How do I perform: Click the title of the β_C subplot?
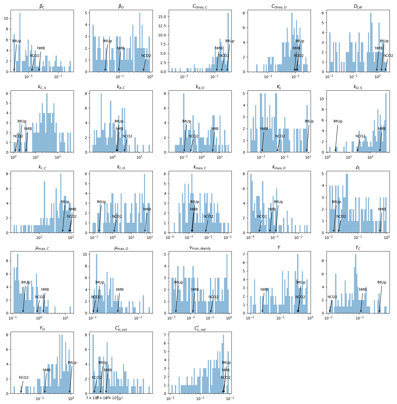(x=42, y=6)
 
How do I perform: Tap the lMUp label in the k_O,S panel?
(x=338, y=121)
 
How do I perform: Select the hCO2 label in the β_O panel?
(x=146, y=56)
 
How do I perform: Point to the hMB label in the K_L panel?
(x=264, y=129)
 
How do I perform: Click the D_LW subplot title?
(x=358, y=6)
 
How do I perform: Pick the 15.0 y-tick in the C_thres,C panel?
(x=162, y=17)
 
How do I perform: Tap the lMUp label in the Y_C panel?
(x=382, y=283)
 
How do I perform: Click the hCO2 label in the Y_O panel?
(x=24, y=378)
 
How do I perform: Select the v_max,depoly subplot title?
(x=200, y=248)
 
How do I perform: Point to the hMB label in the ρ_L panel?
(x=382, y=209)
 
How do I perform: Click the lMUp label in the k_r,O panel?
(x=101, y=202)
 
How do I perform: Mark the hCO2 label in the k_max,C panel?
(x=208, y=217)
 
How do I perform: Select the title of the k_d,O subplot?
(x=200, y=87)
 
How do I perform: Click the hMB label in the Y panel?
(x=264, y=290)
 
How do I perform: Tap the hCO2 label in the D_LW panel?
(x=388, y=56)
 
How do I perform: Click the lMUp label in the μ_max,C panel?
(x=26, y=283)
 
